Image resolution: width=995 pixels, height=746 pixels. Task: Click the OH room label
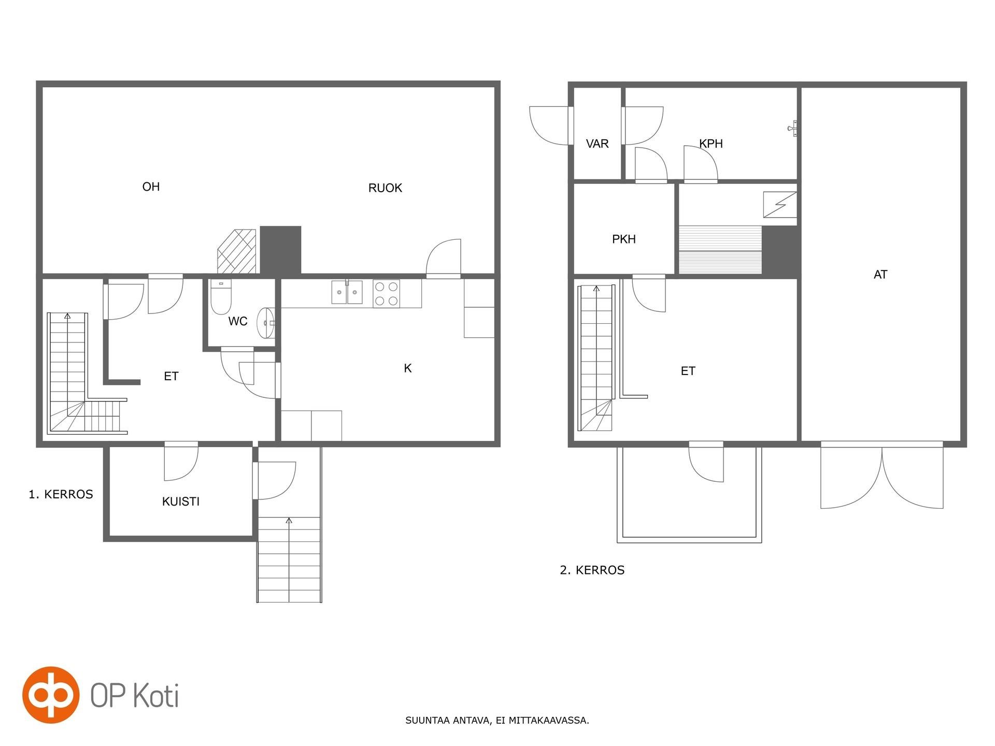[151, 187]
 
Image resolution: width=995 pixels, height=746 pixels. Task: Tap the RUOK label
[385, 188]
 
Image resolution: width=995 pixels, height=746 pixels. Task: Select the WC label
[238, 321]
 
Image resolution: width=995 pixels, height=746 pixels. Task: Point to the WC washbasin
[266, 323]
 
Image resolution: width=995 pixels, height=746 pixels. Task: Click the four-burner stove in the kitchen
[386, 294]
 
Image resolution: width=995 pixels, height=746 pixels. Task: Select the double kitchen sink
[347, 292]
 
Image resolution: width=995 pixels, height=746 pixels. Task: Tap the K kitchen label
[408, 368]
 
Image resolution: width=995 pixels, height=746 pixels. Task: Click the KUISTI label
[181, 501]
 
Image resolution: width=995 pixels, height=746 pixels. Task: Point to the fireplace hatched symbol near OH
[237, 252]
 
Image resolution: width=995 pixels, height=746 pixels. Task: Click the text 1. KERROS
[61, 494]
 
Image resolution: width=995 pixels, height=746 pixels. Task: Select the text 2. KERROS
[592, 570]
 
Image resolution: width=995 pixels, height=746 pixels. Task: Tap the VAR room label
[597, 144]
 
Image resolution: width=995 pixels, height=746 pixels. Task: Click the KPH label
[711, 144]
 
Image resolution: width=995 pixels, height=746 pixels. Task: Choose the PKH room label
[624, 239]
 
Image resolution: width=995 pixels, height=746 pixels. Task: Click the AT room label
[880, 275]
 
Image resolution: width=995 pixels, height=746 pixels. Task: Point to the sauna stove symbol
[780, 205]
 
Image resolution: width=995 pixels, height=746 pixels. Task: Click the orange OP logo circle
[51, 695]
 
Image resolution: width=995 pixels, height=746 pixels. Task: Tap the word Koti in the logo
[157, 695]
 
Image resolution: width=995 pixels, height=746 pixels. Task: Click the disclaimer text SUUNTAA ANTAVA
[448, 721]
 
